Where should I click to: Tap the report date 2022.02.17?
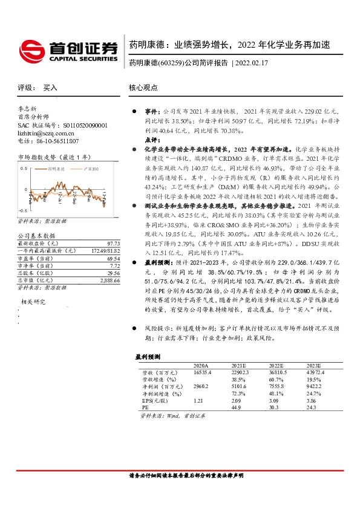click(x=252, y=63)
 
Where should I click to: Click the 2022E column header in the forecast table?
click(x=276, y=366)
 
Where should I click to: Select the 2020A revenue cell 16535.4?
click(x=202, y=373)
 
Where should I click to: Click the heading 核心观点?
click(x=143, y=88)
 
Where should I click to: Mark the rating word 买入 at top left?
click(x=50, y=88)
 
